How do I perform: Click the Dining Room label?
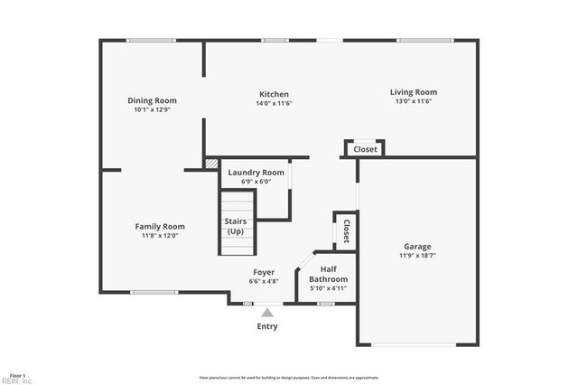click(x=152, y=100)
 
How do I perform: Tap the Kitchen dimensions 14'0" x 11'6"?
click(x=274, y=103)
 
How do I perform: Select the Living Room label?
click(x=413, y=92)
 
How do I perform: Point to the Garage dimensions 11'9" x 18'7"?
click(x=417, y=256)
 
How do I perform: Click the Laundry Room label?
click(x=256, y=173)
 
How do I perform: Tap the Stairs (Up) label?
click(x=236, y=226)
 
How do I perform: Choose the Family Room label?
click(x=160, y=227)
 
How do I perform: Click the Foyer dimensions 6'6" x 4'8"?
click(x=264, y=281)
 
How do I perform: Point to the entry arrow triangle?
click(x=267, y=312)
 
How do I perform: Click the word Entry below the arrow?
click(x=267, y=326)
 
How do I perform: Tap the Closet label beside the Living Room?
click(x=365, y=149)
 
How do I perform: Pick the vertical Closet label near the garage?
click(x=346, y=231)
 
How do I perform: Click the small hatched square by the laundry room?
click(x=211, y=164)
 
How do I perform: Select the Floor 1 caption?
click(x=17, y=373)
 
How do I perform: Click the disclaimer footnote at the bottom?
click(x=289, y=378)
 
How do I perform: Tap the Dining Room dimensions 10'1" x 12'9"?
click(x=152, y=109)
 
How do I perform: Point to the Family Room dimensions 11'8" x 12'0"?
click(x=160, y=236)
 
